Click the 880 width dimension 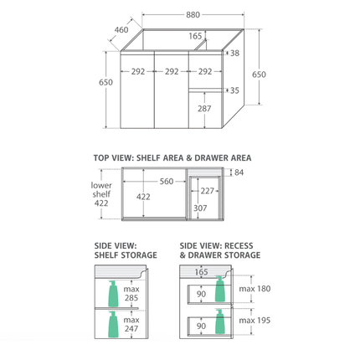coord(193,14)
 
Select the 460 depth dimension coord(121,29)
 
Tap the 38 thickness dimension coord(235,53)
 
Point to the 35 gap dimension coord(234,90)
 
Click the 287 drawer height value coord(204,109)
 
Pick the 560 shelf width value coord(167,182)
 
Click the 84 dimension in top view coord(239,172)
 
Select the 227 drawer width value coord(208,191)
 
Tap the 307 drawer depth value coord(200,208)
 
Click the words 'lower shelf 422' coord(101,194)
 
